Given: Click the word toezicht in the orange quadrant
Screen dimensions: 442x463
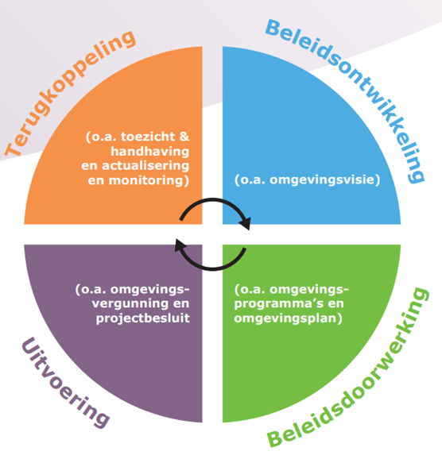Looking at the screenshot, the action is point(148,137).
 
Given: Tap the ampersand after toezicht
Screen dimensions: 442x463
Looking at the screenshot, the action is point(184,137).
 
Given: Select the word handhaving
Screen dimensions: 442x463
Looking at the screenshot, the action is point(150,151).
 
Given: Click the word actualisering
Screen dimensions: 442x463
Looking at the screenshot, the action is point(145,166).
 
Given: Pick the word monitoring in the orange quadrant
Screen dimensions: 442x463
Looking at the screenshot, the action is point(146,180).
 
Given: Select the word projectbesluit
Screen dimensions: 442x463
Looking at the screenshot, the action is point(143,318).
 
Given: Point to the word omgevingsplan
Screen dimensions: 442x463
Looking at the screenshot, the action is point(285,318).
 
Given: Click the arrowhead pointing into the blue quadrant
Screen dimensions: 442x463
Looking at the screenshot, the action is point(246,223).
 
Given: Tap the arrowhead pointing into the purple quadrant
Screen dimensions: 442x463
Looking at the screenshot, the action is point(180,245).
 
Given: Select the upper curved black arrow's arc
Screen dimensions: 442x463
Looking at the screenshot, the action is point(213,199).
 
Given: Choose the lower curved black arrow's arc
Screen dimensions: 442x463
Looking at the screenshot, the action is point(213,269).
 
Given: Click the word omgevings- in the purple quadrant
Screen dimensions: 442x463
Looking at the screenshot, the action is point(150,289).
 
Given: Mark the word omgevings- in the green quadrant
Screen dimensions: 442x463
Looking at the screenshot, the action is point(309,289).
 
